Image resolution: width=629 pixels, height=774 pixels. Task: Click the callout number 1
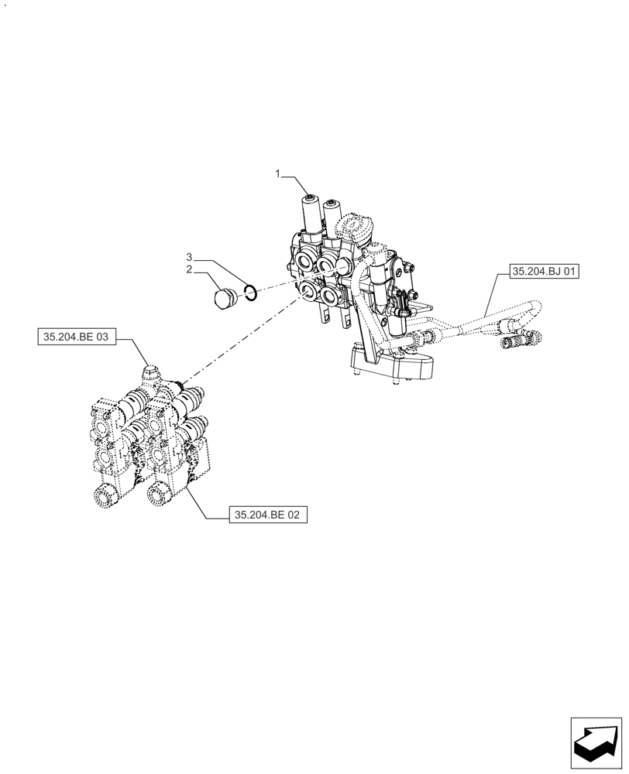[277, 175]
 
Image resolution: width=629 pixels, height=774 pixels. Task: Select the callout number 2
[188, 270]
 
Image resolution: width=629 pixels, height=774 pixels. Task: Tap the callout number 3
[188, 257]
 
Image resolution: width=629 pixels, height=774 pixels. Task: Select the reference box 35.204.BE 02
[269, 512]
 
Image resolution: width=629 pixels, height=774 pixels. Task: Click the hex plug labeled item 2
[224, 299]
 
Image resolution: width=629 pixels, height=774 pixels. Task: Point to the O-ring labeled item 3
[250, 291]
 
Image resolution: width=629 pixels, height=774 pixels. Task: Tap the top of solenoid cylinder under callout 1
[311, 199]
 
